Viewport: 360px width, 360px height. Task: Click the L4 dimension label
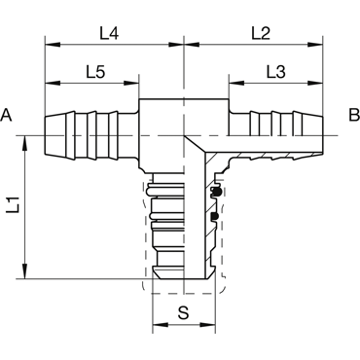109,33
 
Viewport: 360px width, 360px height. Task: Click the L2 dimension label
261,33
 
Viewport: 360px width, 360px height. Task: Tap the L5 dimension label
95,72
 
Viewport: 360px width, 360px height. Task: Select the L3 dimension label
275,72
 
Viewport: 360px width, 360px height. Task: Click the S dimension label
184,313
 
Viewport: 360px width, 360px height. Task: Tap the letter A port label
6,115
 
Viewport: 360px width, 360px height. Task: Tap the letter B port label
354,115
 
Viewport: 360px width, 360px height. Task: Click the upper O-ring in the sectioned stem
216,192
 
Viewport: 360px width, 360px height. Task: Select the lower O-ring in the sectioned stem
215,216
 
